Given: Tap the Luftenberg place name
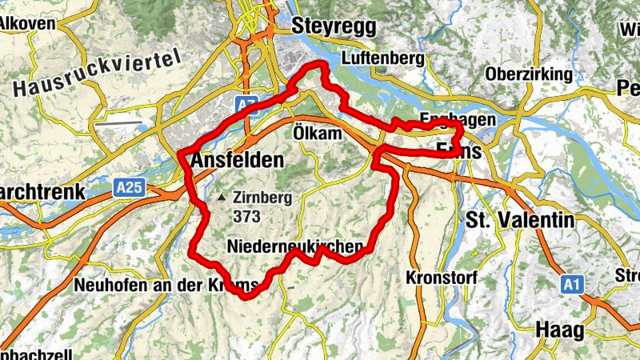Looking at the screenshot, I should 380,58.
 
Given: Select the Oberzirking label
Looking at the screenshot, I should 529,74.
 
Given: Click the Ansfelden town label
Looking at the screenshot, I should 237,160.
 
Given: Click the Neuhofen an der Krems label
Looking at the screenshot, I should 165,285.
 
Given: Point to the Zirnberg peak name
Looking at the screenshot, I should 263,198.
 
